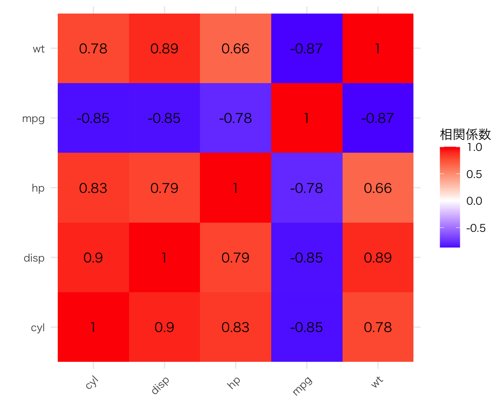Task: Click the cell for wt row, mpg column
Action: pyautogui.click(x=307, y=49)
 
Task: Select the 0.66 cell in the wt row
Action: pyautogui.click(x=235, y=49)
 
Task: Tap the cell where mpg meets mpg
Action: pyautogui.click(x=307, y=118)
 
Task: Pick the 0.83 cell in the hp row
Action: pyautogui.click(x=93, y=188)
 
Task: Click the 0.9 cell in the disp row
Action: pyautogui.click(x=93, y=258)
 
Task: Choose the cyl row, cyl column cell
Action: pyautogui.click(x=93, y=327)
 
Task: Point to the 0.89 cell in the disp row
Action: pyautogui.click(x=378, y=258)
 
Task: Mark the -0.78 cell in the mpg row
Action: pyautogui.click(x=235, y=118)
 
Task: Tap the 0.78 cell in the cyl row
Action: pyautogui.click(x=378, y=327)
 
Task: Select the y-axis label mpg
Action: pyautogui.click(x=34, y=118)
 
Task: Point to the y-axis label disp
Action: pyautogui.click(x=34, y=258)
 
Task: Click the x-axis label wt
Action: pyautogui.click(x=377, y=382)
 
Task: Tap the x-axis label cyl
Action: pyautogui.click(x=91, y=384)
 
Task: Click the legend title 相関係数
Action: pyautogui.click(x=465, y=135)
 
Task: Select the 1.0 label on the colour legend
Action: pyautogui.click(x=474, y=147)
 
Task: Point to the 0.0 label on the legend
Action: pyautogui.click(x=474, y=201)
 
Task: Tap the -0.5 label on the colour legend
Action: pyautogui.click(x=476, y=228)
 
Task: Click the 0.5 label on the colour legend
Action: pyautogui.click(x=474, y=174)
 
